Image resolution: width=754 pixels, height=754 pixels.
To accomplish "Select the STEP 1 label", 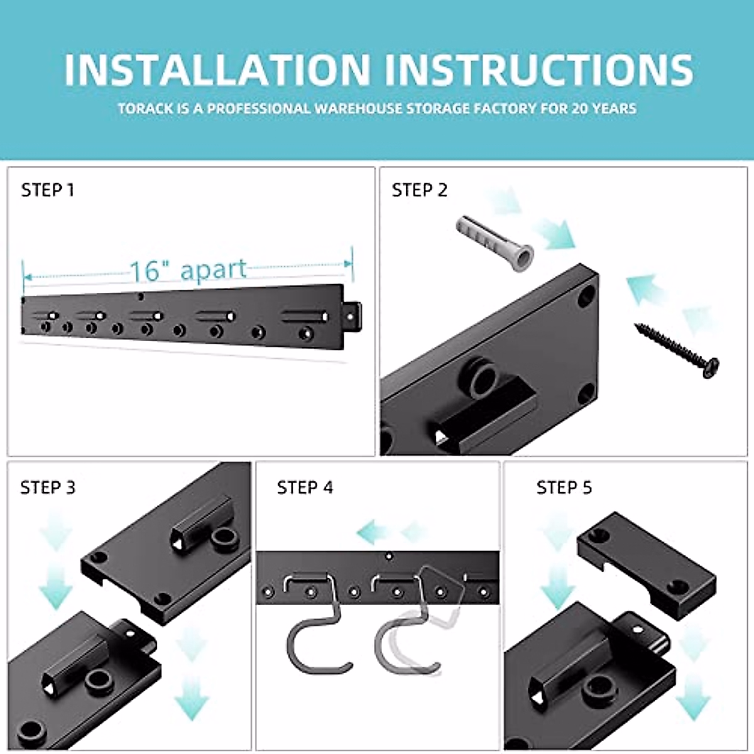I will [48, 190].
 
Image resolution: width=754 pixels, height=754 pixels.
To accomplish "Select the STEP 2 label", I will [419, 190].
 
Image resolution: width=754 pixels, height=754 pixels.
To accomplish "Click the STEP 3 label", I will [48, 488].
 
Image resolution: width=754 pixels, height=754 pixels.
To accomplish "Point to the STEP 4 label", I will [305, 488].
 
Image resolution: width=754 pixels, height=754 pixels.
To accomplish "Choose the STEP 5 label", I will [564, 488].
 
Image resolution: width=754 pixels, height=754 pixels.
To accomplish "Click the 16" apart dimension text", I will [188, 270].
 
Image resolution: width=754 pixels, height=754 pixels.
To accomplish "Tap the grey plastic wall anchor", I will [495, 243].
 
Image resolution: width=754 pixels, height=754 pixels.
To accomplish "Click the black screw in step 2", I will [675, 349].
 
